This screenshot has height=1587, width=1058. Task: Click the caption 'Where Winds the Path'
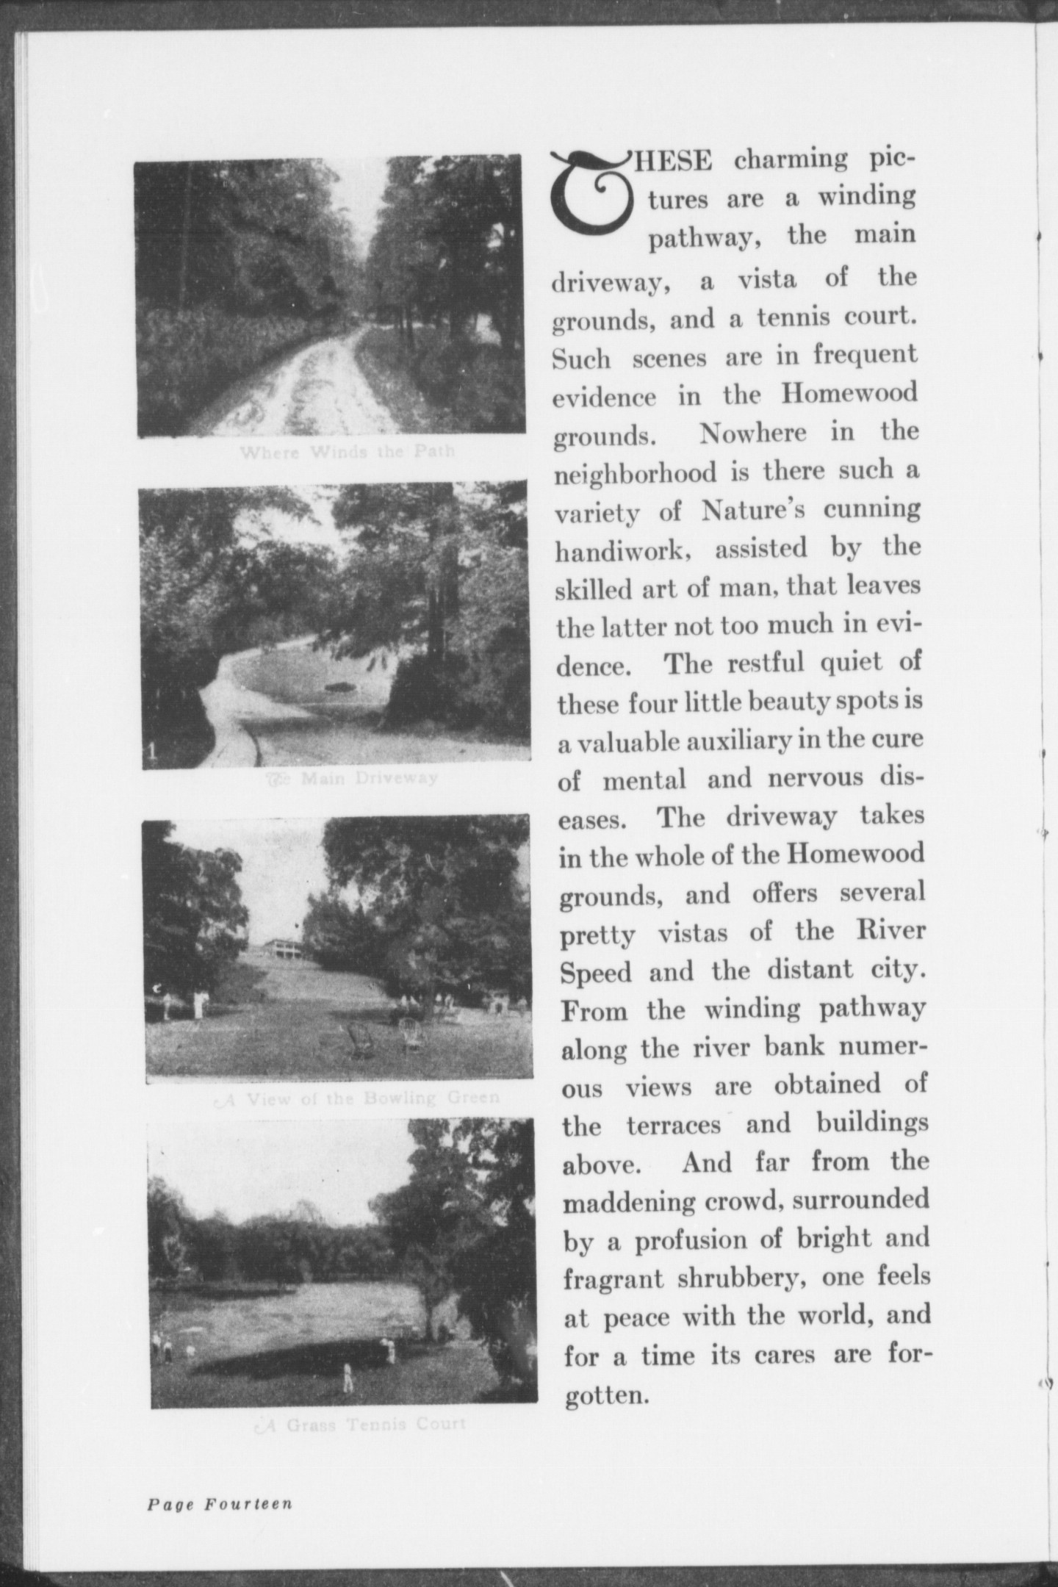[347, 451]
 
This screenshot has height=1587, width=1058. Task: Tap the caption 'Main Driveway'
[352, 777]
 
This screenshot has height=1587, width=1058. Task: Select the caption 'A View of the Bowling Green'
[357, 1098]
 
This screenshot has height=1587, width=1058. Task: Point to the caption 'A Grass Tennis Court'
[359, 1425]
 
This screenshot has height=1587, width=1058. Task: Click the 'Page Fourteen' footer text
[220, 1504]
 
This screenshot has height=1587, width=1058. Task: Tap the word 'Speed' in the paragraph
[596, 972]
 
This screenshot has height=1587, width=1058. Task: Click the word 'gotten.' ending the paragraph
[607, 1395]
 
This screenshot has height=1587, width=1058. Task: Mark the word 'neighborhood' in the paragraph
[635, 471]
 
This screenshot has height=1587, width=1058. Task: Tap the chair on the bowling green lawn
[359, 1040]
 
